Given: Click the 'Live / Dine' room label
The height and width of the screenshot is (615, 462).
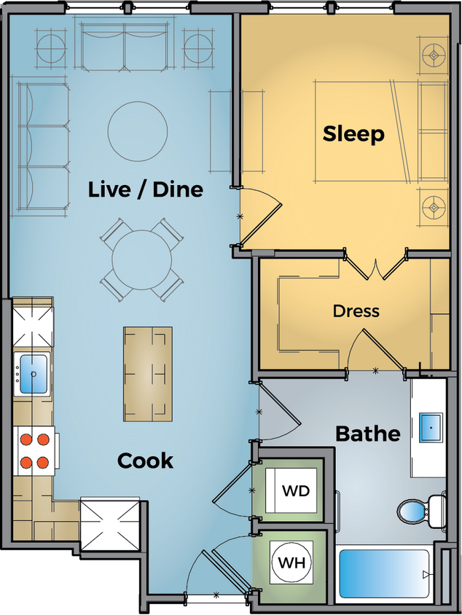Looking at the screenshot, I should click(145, 190).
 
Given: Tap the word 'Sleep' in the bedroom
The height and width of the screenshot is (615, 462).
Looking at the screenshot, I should click(353, 134).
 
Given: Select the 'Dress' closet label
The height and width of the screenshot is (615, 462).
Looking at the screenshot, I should click(356, 311).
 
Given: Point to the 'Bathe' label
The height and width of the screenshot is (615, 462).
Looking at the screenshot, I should click(367, 434).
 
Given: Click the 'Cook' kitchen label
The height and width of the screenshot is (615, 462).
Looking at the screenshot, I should click(145, 461).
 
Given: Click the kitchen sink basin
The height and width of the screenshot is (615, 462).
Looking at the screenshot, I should click(33, 374).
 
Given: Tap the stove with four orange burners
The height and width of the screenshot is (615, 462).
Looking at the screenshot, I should click(34, 450).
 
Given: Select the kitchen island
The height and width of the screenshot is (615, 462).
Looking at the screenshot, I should click(148, 373).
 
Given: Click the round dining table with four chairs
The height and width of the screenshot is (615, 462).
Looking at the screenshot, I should click(142, 259).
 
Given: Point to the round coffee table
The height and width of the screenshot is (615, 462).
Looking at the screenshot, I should click(137, 131).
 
